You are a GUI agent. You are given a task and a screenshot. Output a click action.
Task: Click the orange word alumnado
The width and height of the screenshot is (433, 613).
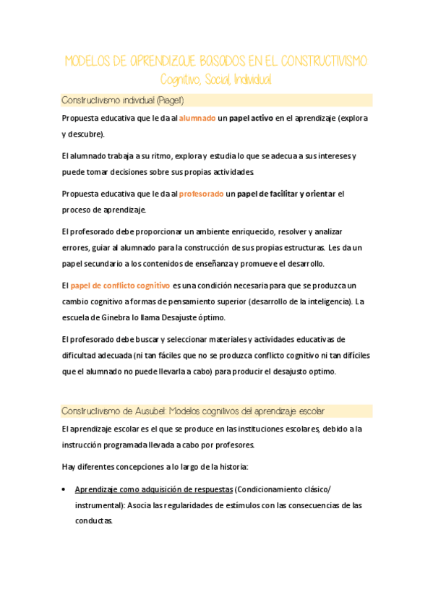[x=197, y=118]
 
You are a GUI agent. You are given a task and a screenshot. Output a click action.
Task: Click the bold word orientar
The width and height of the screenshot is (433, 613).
[x=320, y=193]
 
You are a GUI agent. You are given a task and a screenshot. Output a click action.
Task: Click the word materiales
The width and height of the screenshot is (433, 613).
[x=210, y=338]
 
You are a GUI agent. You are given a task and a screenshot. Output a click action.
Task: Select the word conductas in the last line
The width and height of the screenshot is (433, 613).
[x=93, y=520]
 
